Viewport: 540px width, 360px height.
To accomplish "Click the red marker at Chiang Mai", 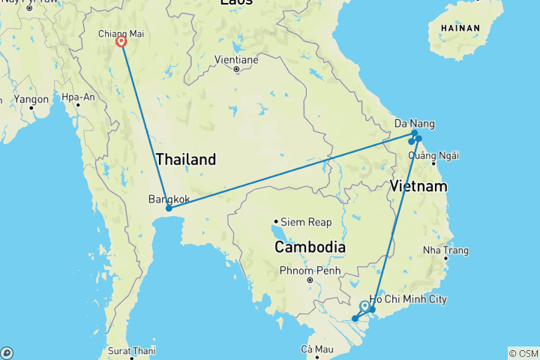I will pos(121,42).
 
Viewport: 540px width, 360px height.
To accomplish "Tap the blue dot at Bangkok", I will pos(169,208).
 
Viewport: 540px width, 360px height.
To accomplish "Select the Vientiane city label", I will pos(236,58).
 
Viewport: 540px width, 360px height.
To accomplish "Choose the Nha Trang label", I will pos(445,250).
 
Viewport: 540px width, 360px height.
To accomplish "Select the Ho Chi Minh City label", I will pos(407,299).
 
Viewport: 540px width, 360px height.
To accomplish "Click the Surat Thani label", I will pos(131,350).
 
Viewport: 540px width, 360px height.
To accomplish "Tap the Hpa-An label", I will pos(78,97).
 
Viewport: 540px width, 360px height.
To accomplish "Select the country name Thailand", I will pos(186,159).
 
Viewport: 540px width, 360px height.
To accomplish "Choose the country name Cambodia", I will pos(310,247).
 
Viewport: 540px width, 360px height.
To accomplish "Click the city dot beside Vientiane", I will pos(236,70).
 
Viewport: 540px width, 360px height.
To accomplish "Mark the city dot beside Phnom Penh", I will pos(309,280).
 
